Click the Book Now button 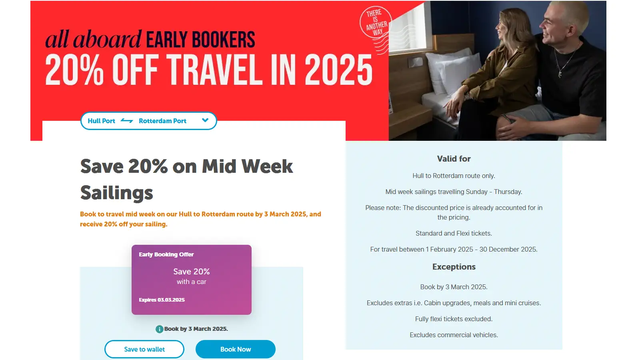tap(236, 349)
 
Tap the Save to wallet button tap(144, 349)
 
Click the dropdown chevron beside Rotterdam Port tap(205, 120)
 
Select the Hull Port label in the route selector tap(101, 121)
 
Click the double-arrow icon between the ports tap(127, 120)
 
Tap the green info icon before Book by tap(160, 329)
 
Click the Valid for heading tap(454, 158)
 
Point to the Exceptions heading tap(454, 267)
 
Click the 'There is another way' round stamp tap(376, 23)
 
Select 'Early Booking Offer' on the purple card tap(166, 254)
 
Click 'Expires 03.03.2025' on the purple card tap(162, 300)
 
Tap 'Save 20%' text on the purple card tap(192, 272)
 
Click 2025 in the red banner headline tap(338, 70)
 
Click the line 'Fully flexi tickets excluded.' tap(454, 319)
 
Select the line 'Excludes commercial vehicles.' tap(454, 335)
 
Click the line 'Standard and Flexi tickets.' tap(454, 234)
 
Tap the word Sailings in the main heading tap(116, 193)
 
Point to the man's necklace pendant tap(560, 74)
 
